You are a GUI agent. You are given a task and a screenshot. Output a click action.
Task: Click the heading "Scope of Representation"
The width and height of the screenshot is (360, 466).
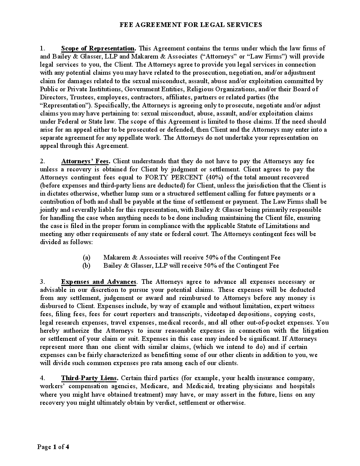coord(98,49)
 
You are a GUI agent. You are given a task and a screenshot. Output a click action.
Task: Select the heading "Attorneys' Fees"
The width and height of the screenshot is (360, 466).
coord(85,161)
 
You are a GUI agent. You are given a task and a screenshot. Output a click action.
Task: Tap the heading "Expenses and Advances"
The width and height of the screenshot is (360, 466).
coord(99,282)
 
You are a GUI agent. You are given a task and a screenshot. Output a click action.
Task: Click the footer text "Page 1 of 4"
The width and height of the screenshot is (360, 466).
coord(53,447)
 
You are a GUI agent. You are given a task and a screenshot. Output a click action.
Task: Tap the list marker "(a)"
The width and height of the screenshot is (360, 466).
coord(87,257)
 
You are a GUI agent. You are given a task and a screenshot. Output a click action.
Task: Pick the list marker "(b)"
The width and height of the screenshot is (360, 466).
coord(87,265)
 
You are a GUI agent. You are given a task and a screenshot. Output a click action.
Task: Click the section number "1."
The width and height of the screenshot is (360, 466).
coord(43,49)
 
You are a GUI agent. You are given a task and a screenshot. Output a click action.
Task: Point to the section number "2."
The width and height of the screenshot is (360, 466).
coord(43,161)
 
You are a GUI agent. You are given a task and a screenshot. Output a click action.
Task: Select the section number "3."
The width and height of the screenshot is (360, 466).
coord(43,282)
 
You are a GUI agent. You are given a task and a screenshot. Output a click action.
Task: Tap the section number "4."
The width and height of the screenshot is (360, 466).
coord(43,378)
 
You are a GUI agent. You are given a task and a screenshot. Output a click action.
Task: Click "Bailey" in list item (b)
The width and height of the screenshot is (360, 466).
coord(112,265)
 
